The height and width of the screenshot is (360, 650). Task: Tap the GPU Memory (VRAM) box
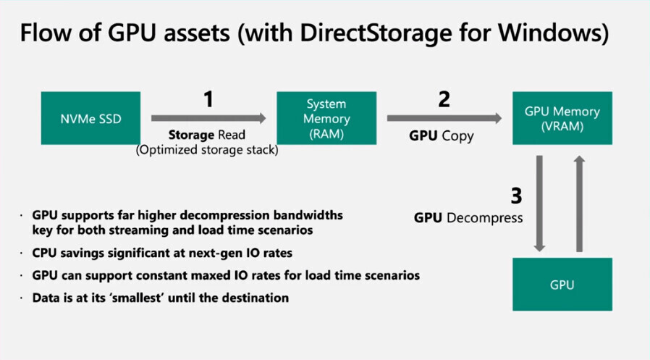click(x=562, y=118)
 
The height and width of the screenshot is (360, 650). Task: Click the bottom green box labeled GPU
click(x=562, y=284)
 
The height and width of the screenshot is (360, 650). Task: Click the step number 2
click(x=444, y=99)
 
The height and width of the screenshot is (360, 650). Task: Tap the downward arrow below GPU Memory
click(x=539, y=202)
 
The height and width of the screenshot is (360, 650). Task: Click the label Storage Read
click(x=207, y=135)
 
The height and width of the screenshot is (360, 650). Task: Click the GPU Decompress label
click(x=468, y=217)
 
